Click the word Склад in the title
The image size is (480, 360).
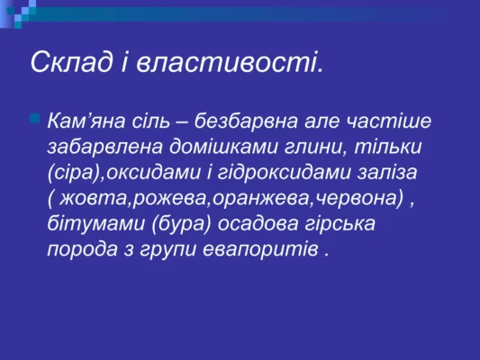coord(68,62)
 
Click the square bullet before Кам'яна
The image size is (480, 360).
coord(35,118)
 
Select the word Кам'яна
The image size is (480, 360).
coord(88,121)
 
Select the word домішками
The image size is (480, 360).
coord(219,146)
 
